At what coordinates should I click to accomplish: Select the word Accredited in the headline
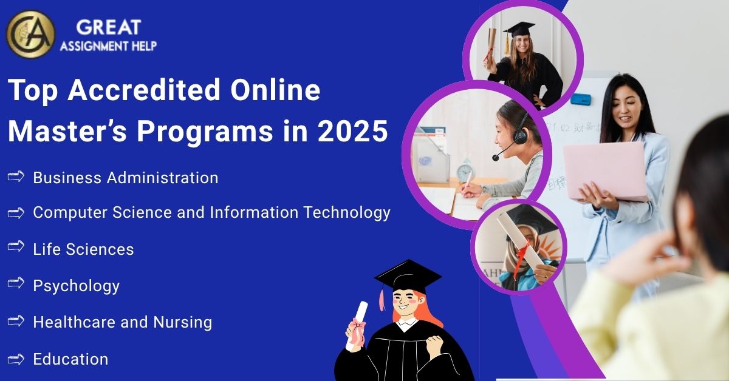pos(144,91)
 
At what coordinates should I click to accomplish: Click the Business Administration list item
pos(125,178)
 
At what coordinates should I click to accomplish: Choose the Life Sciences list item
pos(83,249)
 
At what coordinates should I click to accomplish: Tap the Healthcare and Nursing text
pos(122,322)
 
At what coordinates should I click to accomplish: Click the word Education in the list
pos(70,359)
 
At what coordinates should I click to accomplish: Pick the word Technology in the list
pos(347,212)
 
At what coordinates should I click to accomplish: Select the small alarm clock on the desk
pos(466,171)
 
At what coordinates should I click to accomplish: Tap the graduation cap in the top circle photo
pos(519,29)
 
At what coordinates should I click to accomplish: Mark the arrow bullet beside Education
pos(16,359)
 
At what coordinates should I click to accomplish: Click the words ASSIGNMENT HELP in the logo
pos(108,46)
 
